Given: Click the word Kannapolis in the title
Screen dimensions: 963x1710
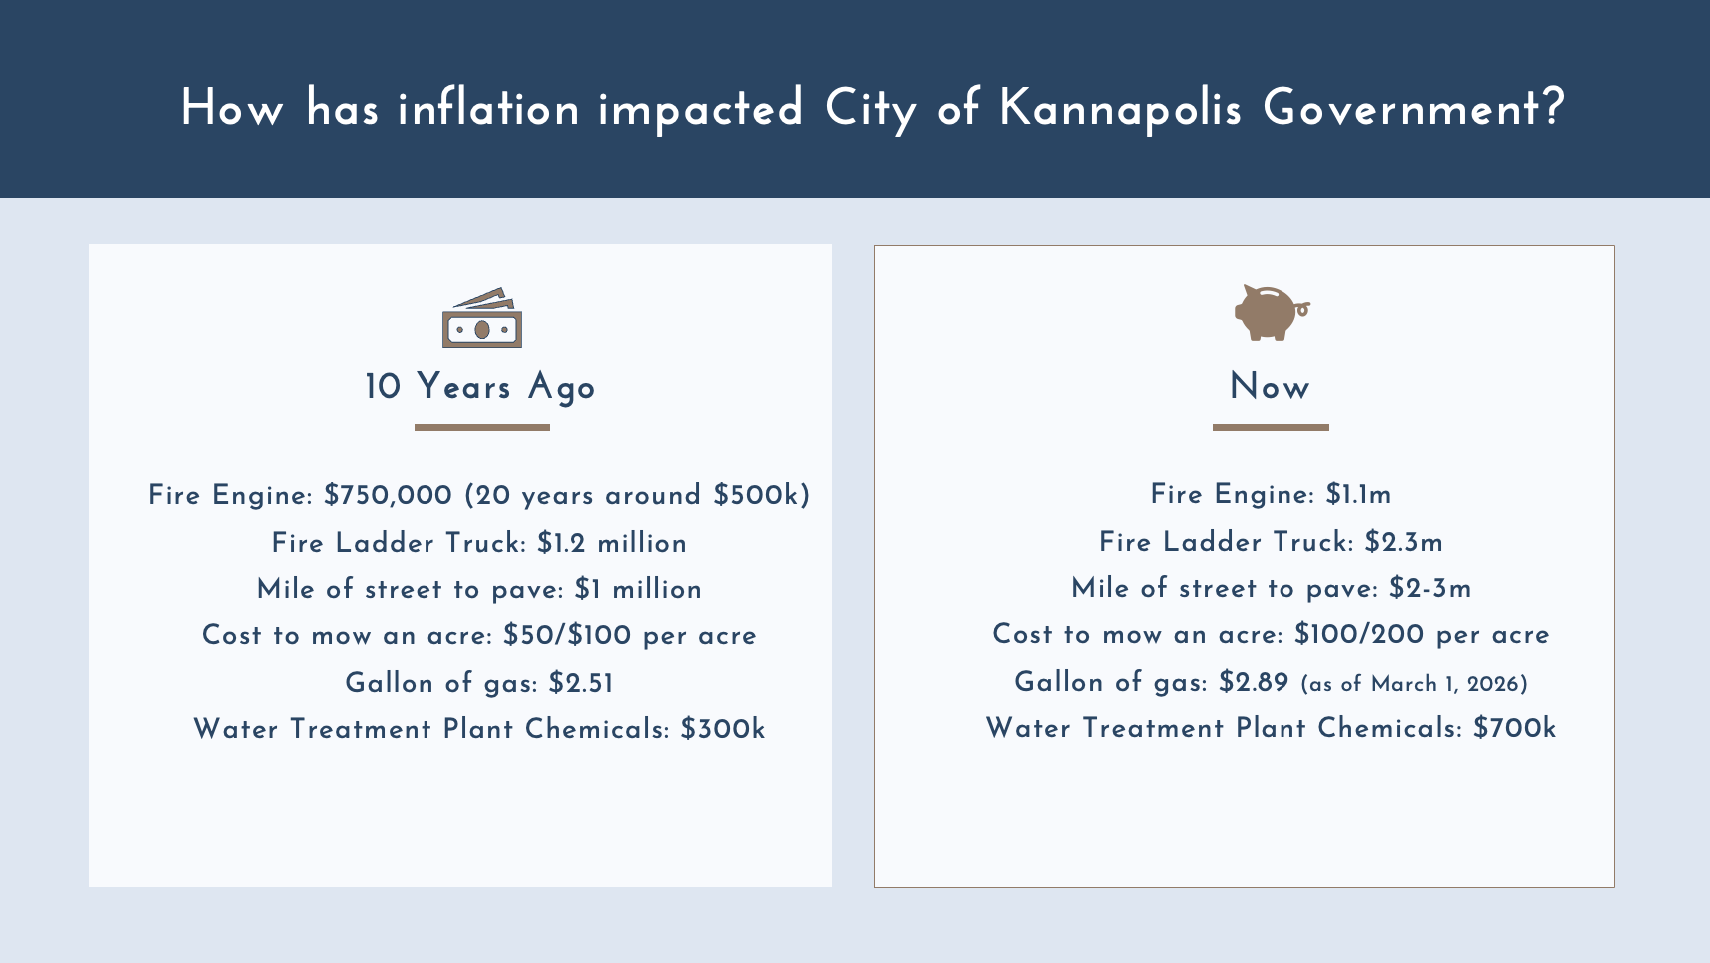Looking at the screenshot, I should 1120,108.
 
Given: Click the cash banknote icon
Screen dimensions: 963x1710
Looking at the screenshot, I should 482,318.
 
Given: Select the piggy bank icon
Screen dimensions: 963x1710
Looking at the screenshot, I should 1271,312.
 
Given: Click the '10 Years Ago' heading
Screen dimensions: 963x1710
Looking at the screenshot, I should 480,387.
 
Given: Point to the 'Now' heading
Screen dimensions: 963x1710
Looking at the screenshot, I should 1270,387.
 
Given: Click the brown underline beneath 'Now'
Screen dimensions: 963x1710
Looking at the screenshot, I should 1271,427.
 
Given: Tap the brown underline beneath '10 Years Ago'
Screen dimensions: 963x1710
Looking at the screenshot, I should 482,427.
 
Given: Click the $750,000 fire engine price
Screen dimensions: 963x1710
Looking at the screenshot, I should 389,495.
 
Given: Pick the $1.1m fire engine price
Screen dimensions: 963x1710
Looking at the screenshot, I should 1358,494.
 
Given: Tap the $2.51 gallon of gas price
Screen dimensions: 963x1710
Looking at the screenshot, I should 581,683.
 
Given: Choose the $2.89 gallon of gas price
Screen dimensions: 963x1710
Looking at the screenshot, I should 1254,682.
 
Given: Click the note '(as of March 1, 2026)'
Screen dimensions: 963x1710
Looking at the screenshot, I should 1414,684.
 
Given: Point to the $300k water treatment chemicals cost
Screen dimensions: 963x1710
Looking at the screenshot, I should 723,729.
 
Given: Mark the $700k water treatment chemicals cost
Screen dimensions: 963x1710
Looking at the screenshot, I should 1514,728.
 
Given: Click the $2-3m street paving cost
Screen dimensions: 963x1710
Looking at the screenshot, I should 1430,588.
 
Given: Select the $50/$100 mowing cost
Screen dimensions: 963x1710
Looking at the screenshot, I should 567,635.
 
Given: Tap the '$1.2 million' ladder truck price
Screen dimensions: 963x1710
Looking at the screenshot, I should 611,543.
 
